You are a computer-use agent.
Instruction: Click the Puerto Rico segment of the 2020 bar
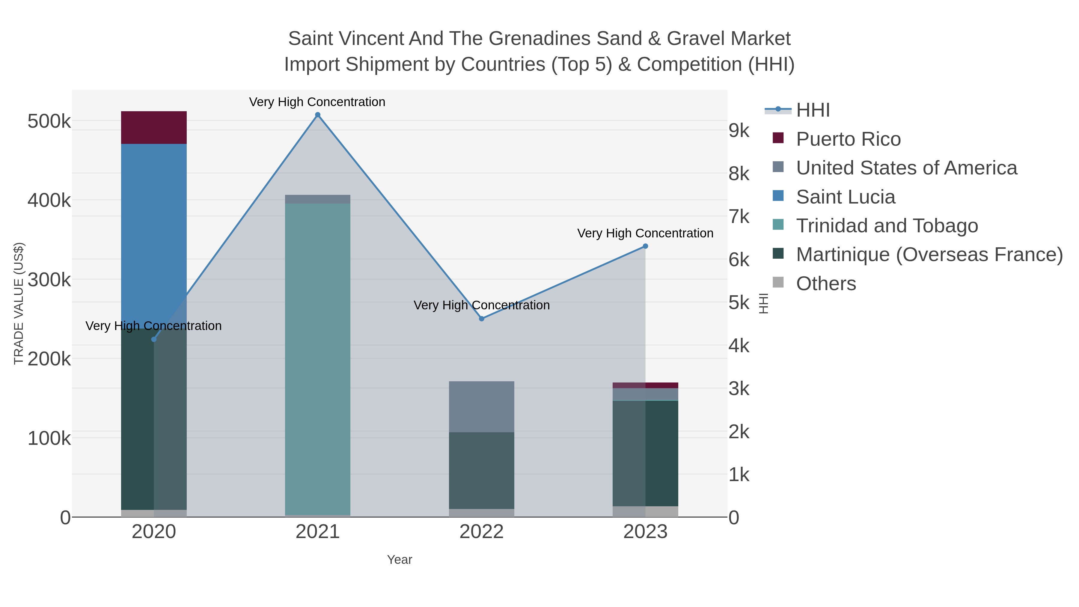154,127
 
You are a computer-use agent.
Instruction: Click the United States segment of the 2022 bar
481,406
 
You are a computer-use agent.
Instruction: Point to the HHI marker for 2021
317,115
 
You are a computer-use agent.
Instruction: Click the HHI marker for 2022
481,319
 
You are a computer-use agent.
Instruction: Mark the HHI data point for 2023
645,246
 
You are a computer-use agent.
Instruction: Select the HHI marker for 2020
154,339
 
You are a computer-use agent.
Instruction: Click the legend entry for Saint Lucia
845,197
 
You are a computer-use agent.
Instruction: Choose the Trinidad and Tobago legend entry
887,226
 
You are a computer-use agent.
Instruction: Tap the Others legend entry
826,284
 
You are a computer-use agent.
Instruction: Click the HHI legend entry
813,110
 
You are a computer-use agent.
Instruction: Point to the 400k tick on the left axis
49,200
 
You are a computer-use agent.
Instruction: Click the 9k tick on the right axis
739,131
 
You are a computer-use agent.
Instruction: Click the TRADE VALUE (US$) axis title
19,303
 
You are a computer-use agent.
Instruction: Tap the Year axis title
399,560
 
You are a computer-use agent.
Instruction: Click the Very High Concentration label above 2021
317,102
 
